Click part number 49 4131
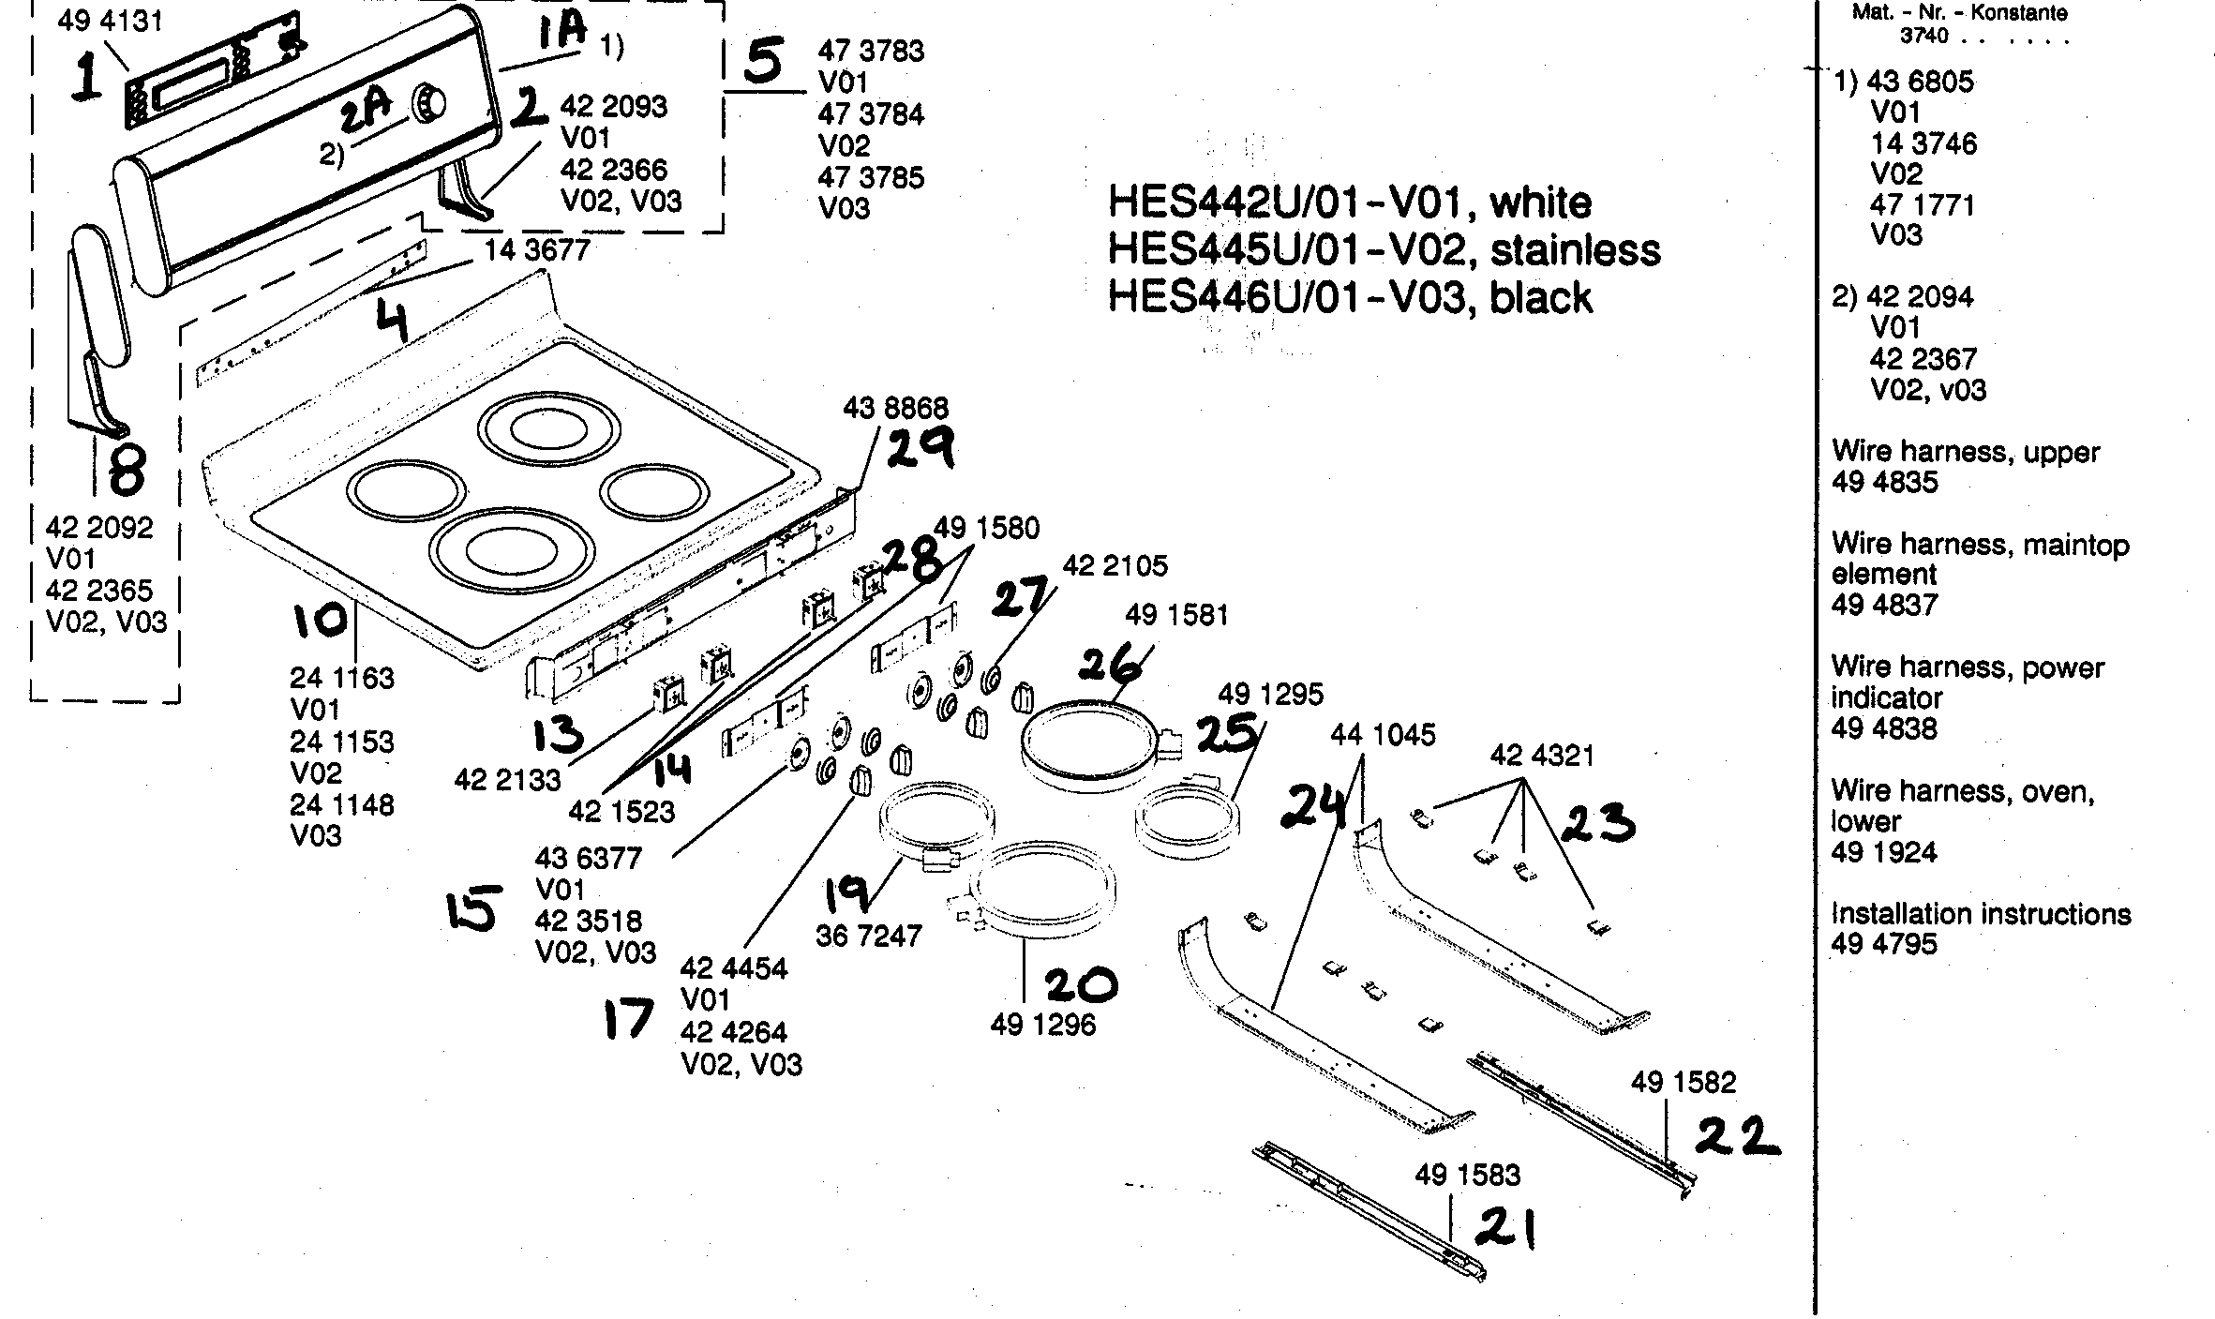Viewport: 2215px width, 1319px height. click(x=110, y=21)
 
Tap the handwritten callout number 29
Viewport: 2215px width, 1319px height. click(x=920, y=448)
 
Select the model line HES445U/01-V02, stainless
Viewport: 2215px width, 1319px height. click(x=1384, y=250)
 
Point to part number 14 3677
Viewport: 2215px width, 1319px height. click(x=537, y=250)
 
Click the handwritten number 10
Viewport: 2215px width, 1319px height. click(x=321, y=620)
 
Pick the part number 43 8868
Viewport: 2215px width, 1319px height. click(x=895, y=408)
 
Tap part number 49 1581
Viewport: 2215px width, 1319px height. click(x=1176, y=615)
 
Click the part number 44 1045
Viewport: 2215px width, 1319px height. click(x=1383, y=735)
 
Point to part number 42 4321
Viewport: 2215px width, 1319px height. click(x=1542, y=756)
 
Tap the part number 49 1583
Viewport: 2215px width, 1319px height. click(x=1468, y=1175)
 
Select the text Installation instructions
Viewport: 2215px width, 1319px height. click(x=1981, y=914)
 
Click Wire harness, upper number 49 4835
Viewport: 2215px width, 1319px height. click(x=1884, y=482)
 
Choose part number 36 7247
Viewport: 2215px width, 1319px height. click(x=869, y=936)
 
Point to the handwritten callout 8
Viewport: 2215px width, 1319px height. click(x=127, y=471)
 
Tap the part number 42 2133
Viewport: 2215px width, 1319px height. click(x=507, y=780)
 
